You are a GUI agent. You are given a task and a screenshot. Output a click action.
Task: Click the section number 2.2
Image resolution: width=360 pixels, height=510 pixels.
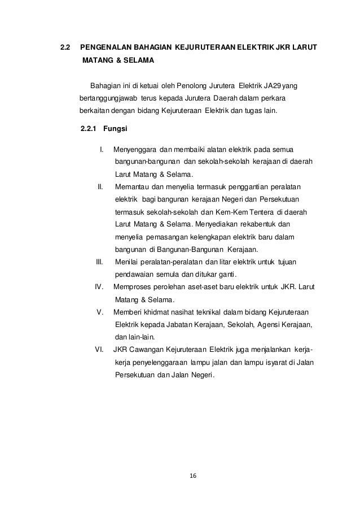click(x=65, y=46)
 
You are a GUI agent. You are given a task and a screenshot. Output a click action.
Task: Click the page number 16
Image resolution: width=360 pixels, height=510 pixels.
click(x=193, y=476)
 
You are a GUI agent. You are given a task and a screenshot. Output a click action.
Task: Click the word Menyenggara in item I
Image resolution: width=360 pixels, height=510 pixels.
click(x=135, y=150)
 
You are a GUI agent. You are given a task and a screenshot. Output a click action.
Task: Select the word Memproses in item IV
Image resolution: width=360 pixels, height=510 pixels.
click(x=134, y=287)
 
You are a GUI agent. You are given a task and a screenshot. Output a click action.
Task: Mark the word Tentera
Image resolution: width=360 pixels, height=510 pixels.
click(x=259, y=212)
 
